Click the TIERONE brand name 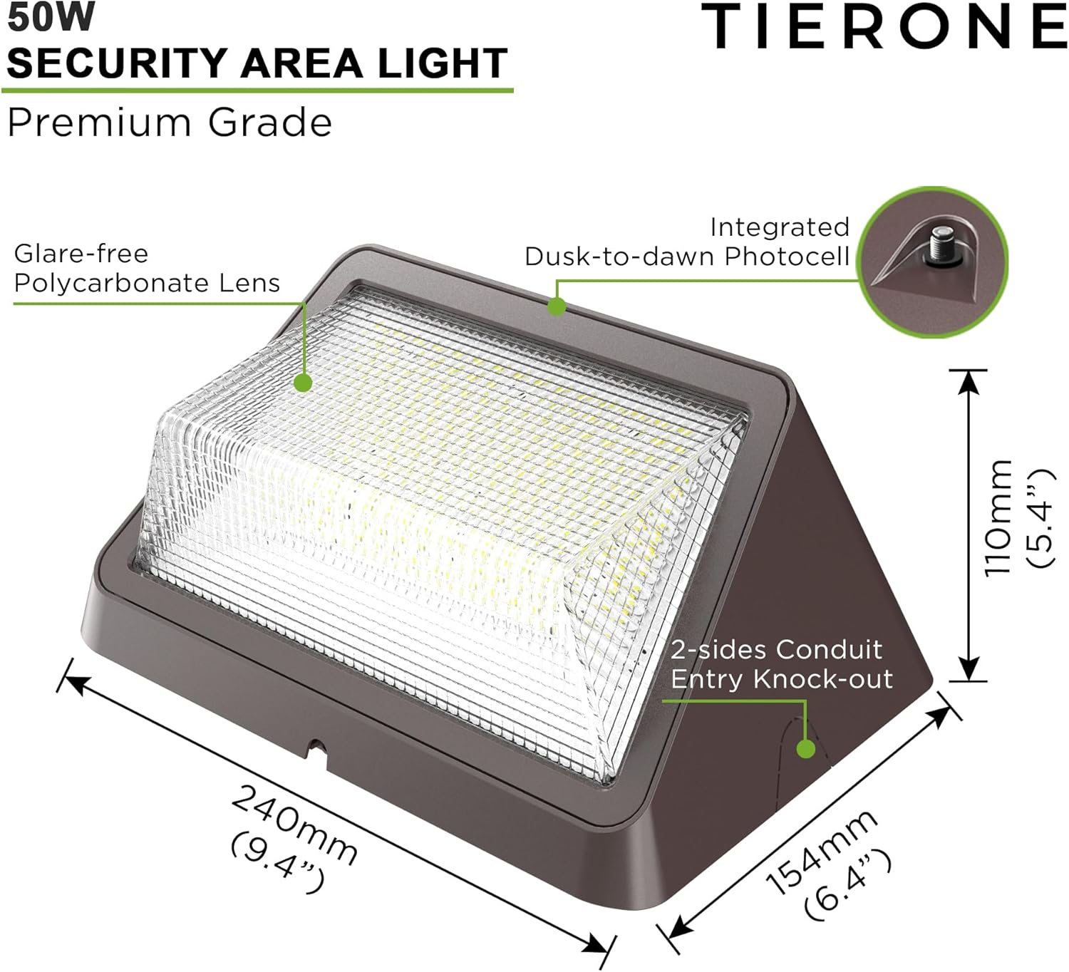point(884,27)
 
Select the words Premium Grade point(170,123)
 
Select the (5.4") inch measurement point(1039,517)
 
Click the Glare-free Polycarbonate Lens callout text point(146,268)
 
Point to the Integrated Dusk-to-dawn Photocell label point(687,242)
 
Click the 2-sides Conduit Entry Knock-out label point(781,664)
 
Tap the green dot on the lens point(303,383)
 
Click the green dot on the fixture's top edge point(557,306)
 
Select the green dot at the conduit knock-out point(806,749)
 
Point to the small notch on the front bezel point(316,749)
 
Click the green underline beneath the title point(257,91)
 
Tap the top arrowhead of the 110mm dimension point(968,381)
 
